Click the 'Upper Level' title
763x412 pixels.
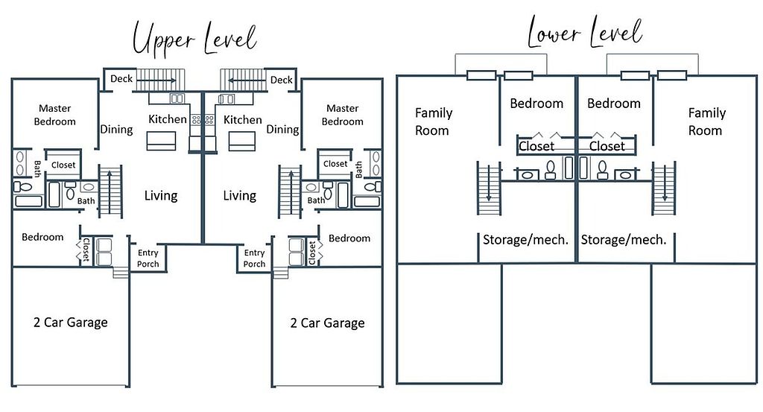pyautogui.click(x=194, y=38)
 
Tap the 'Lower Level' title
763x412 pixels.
pyautogui.click(x=585, y=31)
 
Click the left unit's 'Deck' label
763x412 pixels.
pyautogui.click(x=121, y=79)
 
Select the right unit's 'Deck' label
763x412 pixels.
pyautogui.click(x=281, y=80)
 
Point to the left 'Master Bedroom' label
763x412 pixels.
pyautogui.click(x=55, y=115)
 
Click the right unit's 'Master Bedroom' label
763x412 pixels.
pyautogui.click(x=343, y=115)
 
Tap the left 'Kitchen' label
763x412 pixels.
pyautogui.click(x=168, y=119)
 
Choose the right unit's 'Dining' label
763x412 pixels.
pyautogui.click(x=282, y=130)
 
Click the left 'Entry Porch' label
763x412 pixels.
pyautogui.click(x=148, y=259)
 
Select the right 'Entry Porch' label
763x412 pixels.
pyautogui.click(x=255, y=259)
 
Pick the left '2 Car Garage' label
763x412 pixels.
pyautogui.click(x=71, y=323)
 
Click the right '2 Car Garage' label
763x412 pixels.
pyautogui.click(x=328, y=323)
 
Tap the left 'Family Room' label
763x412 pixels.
pyautogui.click(x=433, y=121)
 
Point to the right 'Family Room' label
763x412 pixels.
pyautogui.click(x=706, y=121)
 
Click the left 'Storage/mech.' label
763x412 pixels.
pyautogui.click(x=525, y=240)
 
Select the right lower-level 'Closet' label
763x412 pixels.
pyautogui.click(x=607, y=146)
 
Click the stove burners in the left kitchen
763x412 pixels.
pyautogui.click(x=196, y=119)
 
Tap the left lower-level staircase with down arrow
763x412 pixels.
pyautogui.click(x=489, y=188)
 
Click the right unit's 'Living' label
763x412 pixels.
pyautogui.click(x=239, y=195)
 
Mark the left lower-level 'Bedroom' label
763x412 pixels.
pyautogui.click(x=536, y=104)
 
